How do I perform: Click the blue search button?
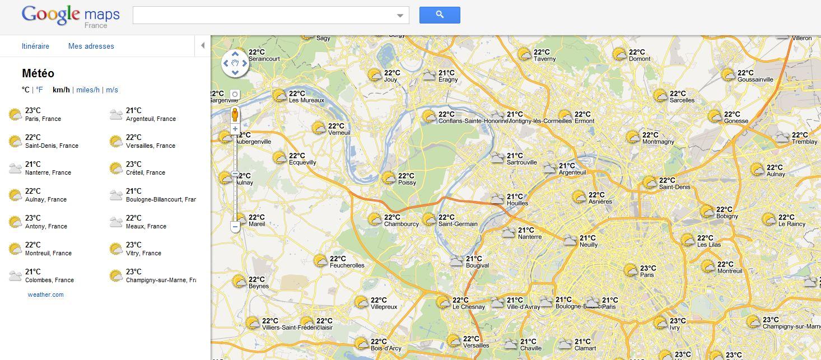tap(440, 15)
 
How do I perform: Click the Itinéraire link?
tap(35, 46)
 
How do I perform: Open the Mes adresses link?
tap(91, 46)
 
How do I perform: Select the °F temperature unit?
tap(39, 90)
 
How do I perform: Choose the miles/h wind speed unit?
tap(88, 90)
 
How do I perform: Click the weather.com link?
tap(45, 294)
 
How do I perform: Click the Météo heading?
tap(38, 73)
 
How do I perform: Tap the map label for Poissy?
tap(407, 183)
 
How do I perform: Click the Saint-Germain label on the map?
tap(458, 224)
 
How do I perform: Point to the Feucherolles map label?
tap(347, 265)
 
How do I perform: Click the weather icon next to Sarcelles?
tap(660, 96)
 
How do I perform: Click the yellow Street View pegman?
tap(235, 115)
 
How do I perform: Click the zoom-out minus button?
tap(235, 227)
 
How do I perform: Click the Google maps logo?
tap(70, 15)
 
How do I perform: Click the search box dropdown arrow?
tap(400, 16)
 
